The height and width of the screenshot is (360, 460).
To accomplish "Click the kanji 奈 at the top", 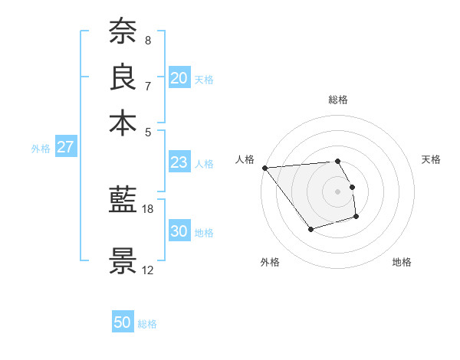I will coord(123,31).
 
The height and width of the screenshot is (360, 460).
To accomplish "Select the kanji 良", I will coord(123,77).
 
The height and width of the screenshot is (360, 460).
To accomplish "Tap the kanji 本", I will coord(123,123).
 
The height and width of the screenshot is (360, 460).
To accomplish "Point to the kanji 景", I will coord(123,261).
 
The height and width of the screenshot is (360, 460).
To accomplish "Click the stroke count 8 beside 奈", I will coord(148,40).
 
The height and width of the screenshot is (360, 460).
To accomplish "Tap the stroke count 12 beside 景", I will coord(148,270).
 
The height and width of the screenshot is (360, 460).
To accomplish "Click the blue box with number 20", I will coord(179,77).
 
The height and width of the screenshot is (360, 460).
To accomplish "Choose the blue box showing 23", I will coord(179,162).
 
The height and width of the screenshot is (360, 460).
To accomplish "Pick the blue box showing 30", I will coord(179,231).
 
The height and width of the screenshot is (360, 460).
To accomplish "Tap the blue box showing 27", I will coord(65,147).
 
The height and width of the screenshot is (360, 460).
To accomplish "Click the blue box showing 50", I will coord(123,322).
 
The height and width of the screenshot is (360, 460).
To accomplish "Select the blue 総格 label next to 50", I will coord(147,324).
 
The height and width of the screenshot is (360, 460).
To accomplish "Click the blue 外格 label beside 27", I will coord(40,149).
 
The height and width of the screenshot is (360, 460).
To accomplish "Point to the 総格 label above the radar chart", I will coord(338,100).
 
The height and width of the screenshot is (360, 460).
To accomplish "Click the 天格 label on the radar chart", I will coord(432,159).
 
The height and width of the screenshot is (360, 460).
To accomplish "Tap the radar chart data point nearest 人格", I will coord(264,168).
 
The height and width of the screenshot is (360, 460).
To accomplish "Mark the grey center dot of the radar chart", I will coord(338,191).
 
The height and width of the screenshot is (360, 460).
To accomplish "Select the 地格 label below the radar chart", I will coord(402,263).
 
